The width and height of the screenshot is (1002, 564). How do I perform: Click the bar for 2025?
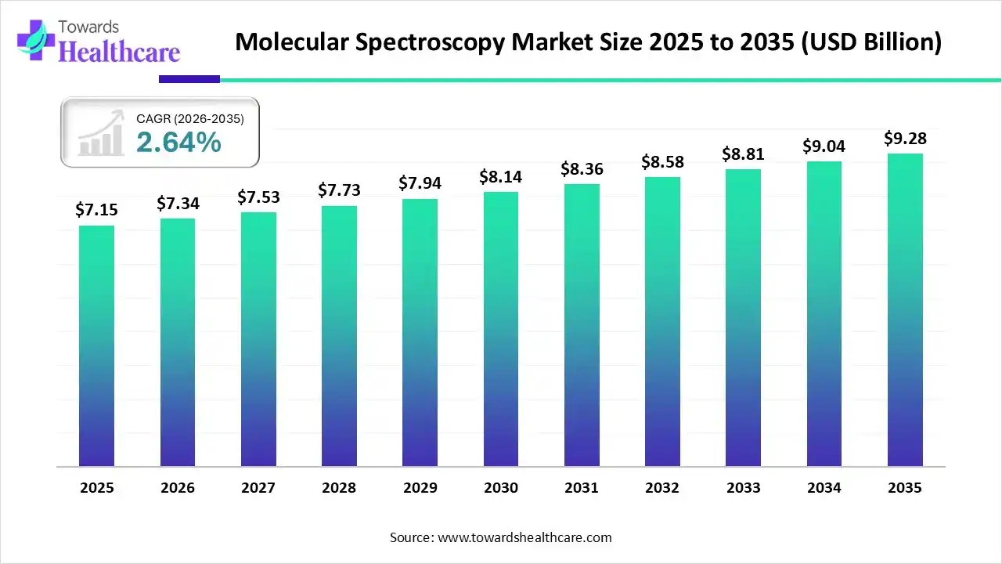tap(96, 346)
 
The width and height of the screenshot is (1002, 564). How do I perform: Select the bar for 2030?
tap(501, 329)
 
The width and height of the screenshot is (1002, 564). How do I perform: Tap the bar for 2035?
tap(905, 310)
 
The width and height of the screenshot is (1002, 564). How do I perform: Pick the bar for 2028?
tap(339, 336)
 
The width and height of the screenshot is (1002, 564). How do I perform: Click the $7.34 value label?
tap(178, 204)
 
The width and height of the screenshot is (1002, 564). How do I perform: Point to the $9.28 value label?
tap(905, 139)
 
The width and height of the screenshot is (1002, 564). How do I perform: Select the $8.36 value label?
tap(582, 168)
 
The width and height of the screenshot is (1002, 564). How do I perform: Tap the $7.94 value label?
tap(420, 183)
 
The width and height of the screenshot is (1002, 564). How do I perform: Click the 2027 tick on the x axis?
tap(258, 488)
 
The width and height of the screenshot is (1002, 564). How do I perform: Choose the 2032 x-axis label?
tap(662, 488)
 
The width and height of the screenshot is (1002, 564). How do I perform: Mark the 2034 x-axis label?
tap(824, 488)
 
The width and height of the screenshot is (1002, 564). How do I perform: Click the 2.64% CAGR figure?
tap(178, 143)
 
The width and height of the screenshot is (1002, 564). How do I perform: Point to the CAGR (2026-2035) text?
tap(190, 119)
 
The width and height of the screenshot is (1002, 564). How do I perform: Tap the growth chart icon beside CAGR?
tap(101, 133)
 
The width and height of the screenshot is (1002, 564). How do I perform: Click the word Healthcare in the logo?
tap(119, 52)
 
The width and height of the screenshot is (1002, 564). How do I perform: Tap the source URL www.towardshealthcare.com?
tap(523, 537)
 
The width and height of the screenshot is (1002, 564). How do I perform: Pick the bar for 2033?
tap(743, 318)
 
